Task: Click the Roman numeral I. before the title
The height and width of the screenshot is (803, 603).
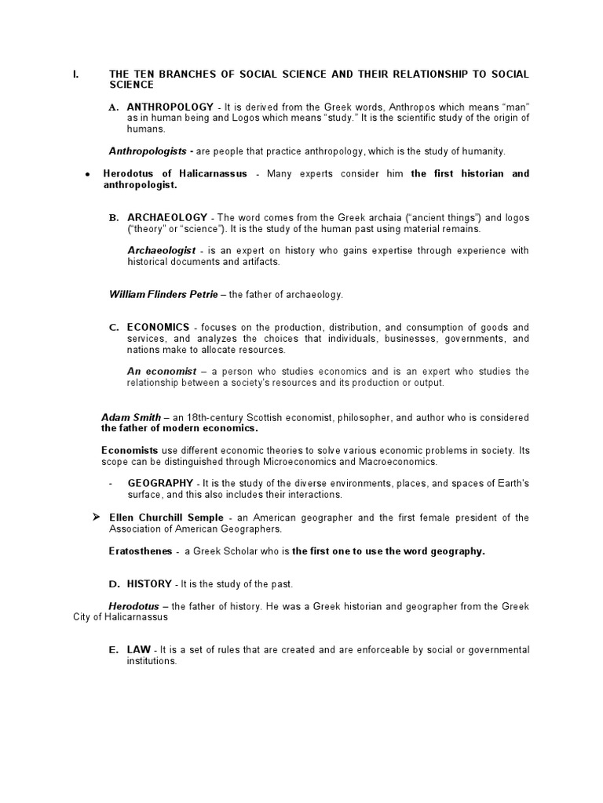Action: pyautogui.click(x=75, y=74)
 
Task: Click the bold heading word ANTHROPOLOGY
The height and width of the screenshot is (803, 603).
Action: pyautogui.click(x=170, y=107)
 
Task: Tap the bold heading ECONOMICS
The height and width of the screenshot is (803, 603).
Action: pyautogui.click(x=159, y=327)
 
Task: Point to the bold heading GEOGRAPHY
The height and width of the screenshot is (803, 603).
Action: pyautogui.click(x=160, y=483)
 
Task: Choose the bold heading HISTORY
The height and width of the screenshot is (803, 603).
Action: pyautogui.click(x=149, y=584)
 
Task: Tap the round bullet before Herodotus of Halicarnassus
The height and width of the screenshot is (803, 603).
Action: pyautogui.click(x=88, y=174)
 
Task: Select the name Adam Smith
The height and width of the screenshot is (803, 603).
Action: pyautogui.click(x=131, y=418)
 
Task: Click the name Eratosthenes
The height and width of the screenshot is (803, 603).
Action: pyautogui.click(x=141, y=551)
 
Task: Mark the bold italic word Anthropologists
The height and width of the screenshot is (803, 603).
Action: pyautogui.click(x=147, y=151)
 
